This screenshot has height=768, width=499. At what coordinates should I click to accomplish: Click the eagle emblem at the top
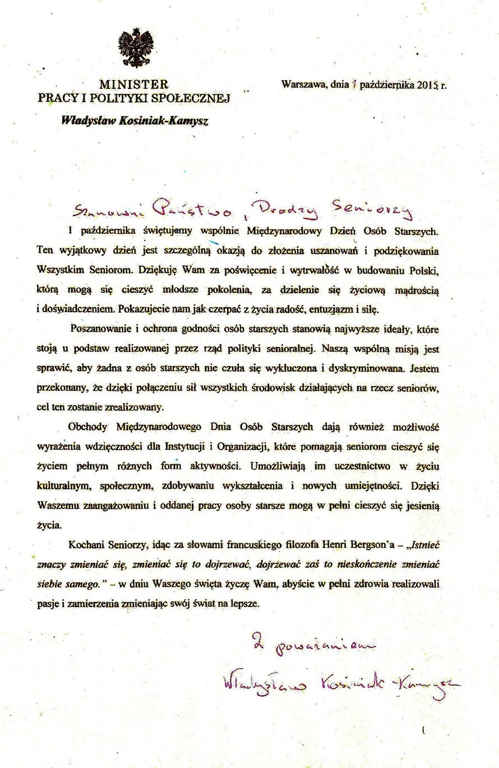[x=135, y=49]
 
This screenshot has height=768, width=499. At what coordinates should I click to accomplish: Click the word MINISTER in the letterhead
[x=133, y=85]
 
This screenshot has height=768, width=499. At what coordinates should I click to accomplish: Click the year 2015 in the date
[x=427, y=85]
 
